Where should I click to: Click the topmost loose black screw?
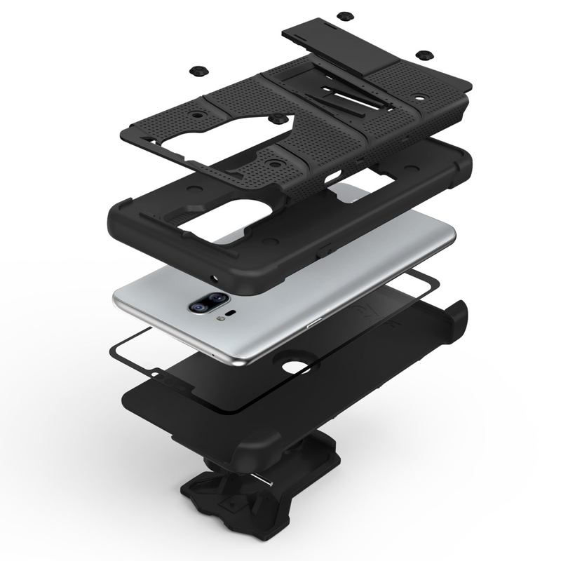[x=343, y=15]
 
